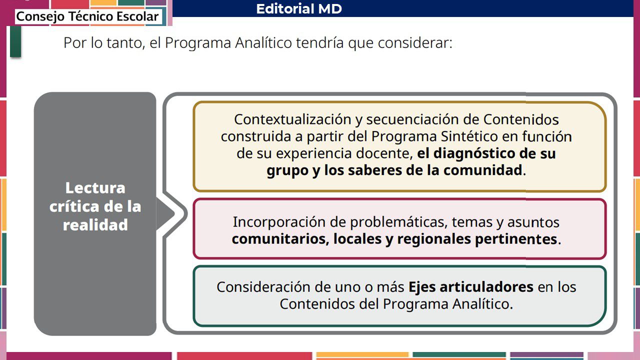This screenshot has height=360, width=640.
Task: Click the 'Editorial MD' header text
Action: (299, 8)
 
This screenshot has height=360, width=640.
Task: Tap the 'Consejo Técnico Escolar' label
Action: (87, 16)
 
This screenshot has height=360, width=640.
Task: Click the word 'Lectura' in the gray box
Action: (95, 188)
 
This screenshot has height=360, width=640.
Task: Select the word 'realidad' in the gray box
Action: (95, 225)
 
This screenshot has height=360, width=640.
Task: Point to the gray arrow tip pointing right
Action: (174, 213)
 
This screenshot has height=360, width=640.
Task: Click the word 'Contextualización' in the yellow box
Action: (292, 119)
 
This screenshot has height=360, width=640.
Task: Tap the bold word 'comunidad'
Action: (483, 170)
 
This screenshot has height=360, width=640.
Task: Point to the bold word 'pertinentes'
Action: (516, 239)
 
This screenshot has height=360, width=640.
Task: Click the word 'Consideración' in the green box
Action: (263, 287)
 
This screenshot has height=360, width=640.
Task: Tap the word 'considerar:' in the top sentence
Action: (415, 43)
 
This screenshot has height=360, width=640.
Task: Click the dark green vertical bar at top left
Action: (15, 41)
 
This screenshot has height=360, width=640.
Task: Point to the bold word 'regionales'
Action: (434, 239)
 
